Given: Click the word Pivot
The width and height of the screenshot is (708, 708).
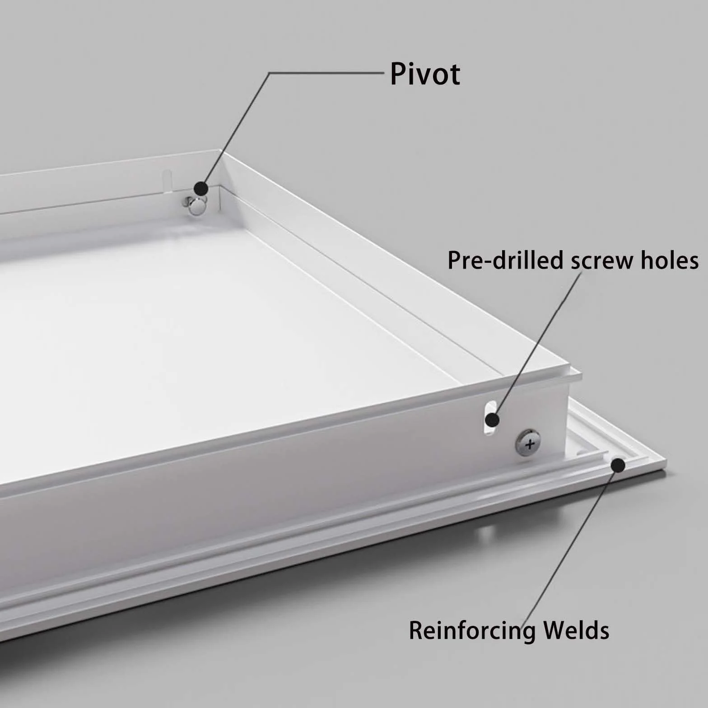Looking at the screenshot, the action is click(x=425, y=74).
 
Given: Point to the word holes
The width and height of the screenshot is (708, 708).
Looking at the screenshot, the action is click(x=667, y=261).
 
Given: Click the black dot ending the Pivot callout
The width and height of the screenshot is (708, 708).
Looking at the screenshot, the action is click(x=201, y=188).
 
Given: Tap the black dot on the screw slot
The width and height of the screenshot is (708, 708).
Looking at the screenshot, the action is click(x=492, y=420).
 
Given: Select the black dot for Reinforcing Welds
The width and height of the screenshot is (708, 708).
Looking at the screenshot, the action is click(x=618, y=465).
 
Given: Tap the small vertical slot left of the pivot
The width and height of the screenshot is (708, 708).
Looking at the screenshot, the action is click(x=167, y=179).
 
